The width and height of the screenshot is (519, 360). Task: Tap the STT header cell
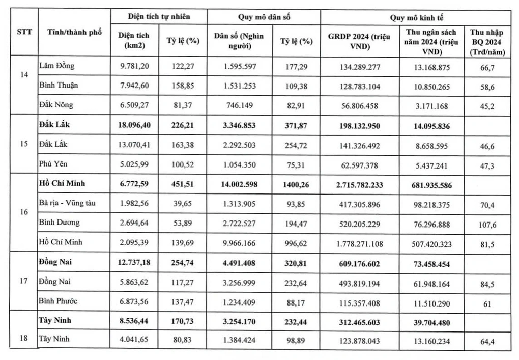23,32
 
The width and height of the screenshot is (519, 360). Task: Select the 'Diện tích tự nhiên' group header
159,17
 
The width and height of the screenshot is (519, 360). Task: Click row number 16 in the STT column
23,212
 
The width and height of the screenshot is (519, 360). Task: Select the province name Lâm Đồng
56,66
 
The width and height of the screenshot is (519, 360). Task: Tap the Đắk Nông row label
56,105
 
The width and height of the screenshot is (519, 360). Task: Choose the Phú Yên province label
53,163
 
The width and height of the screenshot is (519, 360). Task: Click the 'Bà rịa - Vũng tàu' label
68,203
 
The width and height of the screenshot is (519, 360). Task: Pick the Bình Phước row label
59,301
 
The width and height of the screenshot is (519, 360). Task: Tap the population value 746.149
239,105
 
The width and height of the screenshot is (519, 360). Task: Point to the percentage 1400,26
295,183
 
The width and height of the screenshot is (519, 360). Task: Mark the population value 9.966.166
239,242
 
